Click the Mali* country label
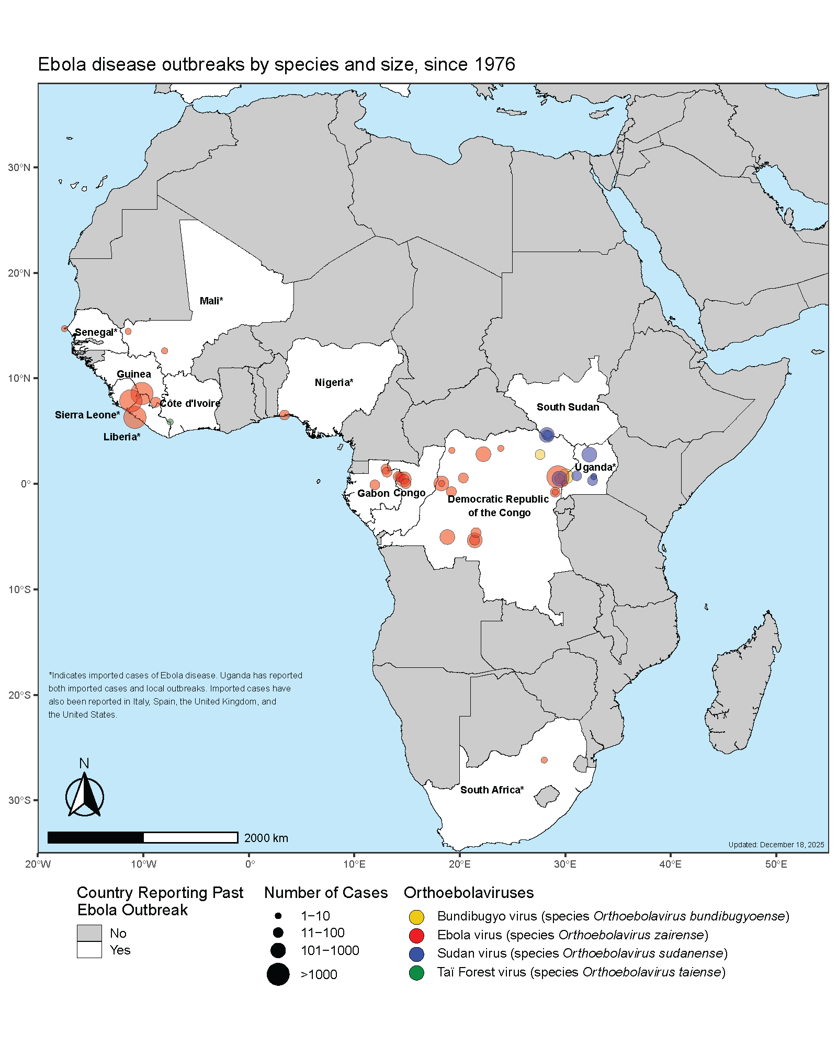pos(211,301)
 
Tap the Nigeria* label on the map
pos(334,382)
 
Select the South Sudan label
pos(568,407)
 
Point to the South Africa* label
pos(492,790)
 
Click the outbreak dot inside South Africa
pos(544,760)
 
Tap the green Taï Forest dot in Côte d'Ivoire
pos(170,422)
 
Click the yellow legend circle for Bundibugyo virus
pos(416,917)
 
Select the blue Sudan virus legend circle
pos(416,954)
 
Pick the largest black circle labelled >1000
pos(278,974)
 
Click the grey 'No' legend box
pos(89,933)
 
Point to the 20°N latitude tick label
pos(19,273)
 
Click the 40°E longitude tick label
pos(670,864)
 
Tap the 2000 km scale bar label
pos(266,838)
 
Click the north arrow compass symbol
pos(84,795)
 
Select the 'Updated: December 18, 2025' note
pos(776,845)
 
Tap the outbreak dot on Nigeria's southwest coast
pos(284,415)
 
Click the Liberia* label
pos(121,437)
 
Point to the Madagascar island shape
pos(743,690)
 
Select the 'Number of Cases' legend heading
pos(325,893)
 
